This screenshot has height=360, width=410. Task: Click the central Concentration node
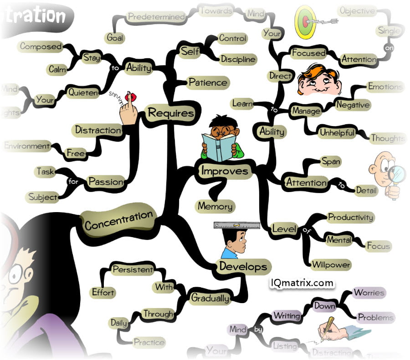click(118, 222)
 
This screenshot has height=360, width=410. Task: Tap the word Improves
click(225, 171)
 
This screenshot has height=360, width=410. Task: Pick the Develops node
click(243, 266)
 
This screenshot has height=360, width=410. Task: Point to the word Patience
click(207, 83)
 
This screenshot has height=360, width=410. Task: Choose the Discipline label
click(238, 59)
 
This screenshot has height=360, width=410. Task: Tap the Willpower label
click(331, 264)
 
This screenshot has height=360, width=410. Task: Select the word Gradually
click(210, 298)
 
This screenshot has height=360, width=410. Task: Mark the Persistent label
click(133, 269)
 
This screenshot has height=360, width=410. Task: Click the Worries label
click(369, 293)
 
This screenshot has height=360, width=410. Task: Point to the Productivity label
click(350, 218)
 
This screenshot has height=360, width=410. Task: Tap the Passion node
click(106, 182)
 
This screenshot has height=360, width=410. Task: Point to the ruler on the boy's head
click(236, 225)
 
